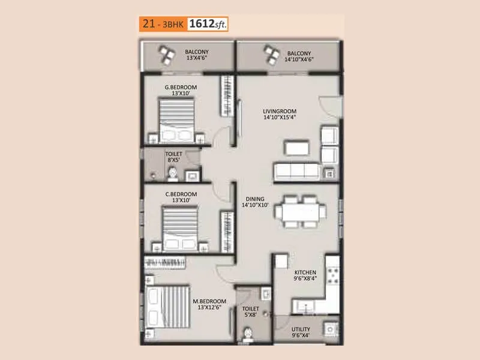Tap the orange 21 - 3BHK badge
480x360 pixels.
tap(162, 25)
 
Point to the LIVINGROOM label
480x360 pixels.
tap(280, 111)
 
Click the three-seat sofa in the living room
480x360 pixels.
tap(296, 171)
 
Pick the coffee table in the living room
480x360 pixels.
tap(296, 147)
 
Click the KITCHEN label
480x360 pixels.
tap(305, 272)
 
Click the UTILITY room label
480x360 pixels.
tap(301, 329)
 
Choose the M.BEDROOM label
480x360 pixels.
tap(209, 301)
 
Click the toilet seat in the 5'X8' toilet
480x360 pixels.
tap(247, 333)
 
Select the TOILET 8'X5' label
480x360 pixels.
tap(174, 157)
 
